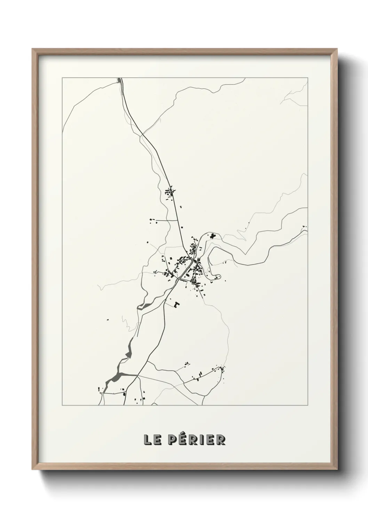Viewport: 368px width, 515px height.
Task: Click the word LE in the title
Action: [x=152, y=440]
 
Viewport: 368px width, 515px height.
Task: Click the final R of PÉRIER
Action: [x=221, y=440]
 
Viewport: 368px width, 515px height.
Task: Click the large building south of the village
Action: [x=177, y=304]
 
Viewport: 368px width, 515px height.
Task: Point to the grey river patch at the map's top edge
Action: [x=121, y=81]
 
